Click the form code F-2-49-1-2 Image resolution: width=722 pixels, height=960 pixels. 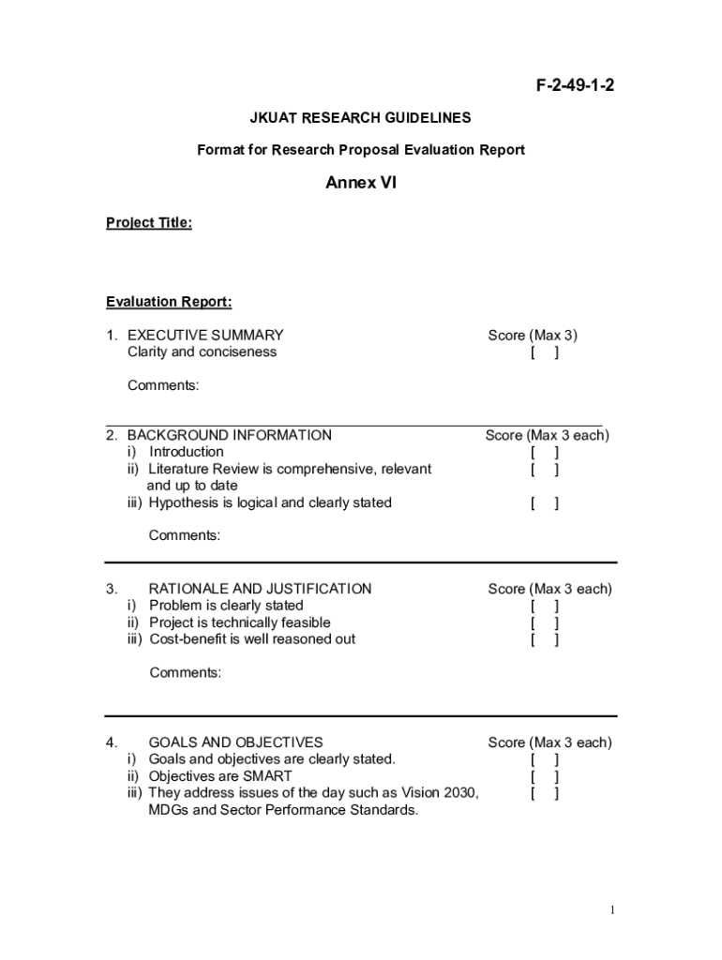(x=575, y=87)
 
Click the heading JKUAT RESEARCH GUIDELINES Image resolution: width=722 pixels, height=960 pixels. (x=360, y=118)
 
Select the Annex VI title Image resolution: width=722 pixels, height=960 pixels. (x=361, y=183)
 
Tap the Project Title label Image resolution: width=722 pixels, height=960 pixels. (x=149, y=223)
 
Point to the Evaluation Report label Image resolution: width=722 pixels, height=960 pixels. (x=169, y=302)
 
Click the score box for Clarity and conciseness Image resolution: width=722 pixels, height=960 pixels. (x=545, y=352)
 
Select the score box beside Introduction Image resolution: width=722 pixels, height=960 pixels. (x=545, y=452)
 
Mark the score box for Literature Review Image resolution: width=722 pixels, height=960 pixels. (x=545, y=469)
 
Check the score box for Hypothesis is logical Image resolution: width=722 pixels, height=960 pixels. (x=545, y=502)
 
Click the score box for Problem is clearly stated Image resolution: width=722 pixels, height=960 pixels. (x=545, y=606)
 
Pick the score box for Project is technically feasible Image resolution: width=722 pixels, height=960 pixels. (x=545, y=622)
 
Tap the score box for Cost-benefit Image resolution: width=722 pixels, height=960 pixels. (x=545, y=639)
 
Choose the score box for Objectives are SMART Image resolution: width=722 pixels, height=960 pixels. (x=545, y=776)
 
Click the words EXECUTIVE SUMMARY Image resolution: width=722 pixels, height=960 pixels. (x=205, y=336)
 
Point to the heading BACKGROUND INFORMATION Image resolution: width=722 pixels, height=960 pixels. (x=229, y=435)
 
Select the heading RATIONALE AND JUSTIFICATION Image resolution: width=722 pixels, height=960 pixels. (x=261, y=589)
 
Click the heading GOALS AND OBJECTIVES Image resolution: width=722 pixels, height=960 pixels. (x=236, y=742)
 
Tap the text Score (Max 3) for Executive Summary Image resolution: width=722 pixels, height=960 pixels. (x=533, y=336)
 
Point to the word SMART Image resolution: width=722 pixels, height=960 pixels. (x=269, y=776)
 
